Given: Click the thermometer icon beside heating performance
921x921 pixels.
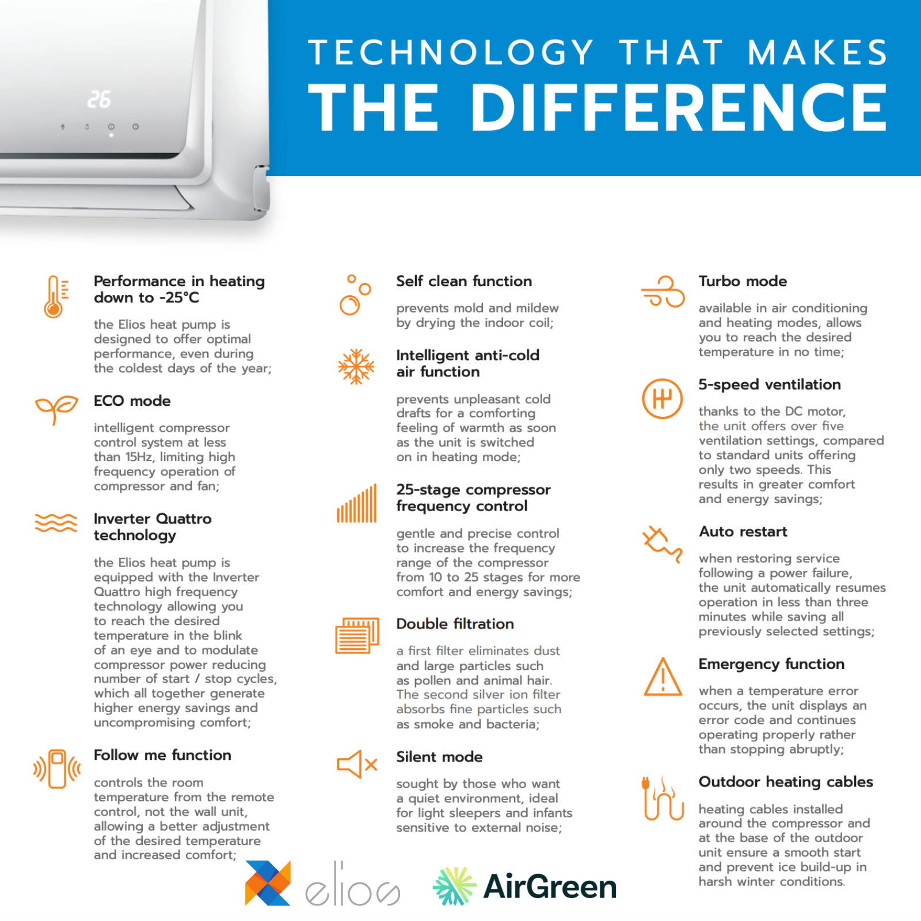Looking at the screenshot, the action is pyautogui.click(x=54, y=296).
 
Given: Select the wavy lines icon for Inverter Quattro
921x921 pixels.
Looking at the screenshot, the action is pyautogui.click(x=56, y=523).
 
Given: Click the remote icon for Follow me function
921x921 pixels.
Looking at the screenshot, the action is pyautogui.click(x=57, y=768).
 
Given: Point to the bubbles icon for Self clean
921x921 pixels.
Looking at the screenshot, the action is pyautogui.click(x=355, y=295).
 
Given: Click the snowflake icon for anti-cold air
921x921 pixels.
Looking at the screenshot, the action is pyautogui.click(x=356, y=366).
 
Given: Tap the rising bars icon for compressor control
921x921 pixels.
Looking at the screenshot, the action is pyautogui.click(x=357, y=504).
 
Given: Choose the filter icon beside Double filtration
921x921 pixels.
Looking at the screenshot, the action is pyautogui.click(x=357, y=635).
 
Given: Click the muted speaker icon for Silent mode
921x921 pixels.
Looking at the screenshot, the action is pyautogui.click(x=357, y=764).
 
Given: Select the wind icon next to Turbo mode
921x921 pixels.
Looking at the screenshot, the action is pyautogui.click(x=663, y=291).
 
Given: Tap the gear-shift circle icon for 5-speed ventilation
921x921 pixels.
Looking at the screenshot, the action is pyautogui.click(x=663, y=398).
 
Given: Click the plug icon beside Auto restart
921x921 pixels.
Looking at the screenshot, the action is pyautogui.click(x=663, y=543).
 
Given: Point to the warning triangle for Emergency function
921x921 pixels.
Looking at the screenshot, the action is pyautogui.click(x=663, y=677).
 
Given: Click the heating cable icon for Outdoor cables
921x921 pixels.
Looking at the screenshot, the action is pyautogui.click(x=663, y=798).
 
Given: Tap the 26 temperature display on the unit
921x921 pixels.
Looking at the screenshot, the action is pyautogui.click(x=99, y=100).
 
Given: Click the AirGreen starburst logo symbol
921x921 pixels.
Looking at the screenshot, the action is pyautogui.click(x=454, y=886).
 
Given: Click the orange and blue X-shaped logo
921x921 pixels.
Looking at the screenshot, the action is pyautogui.click(x=268, y=883).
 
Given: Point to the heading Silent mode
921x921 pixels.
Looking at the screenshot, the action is pyautogui.click(x=439, y=756).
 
